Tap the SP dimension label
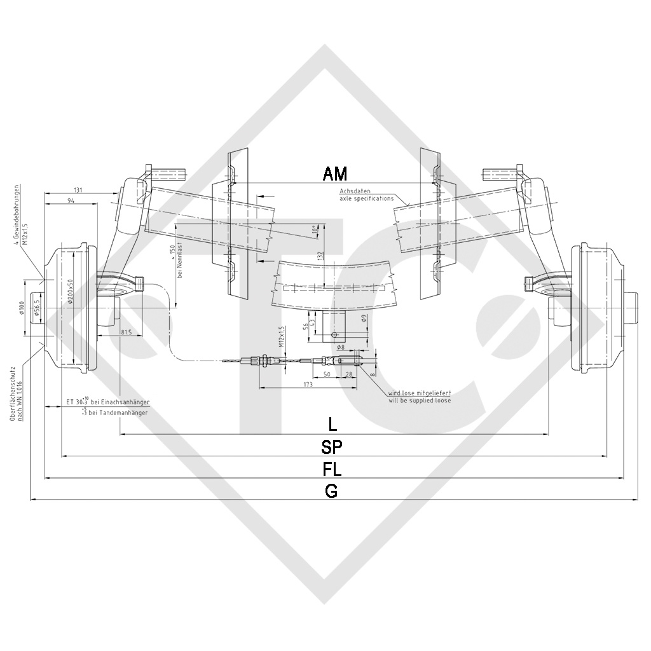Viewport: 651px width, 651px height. point(332,446)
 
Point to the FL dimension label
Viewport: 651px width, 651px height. point(332,469)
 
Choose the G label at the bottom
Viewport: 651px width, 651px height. point(331,490)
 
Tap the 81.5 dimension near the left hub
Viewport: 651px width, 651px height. point(125,332)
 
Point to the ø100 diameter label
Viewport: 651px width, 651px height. point(22,309)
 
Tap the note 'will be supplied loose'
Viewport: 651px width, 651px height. point(419,401)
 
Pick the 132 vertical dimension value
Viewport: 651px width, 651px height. point(321,255)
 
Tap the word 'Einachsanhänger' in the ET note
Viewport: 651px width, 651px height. point(126,403)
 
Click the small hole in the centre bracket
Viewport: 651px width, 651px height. point(334,334)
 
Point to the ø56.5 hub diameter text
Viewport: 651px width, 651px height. point(37,308)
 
